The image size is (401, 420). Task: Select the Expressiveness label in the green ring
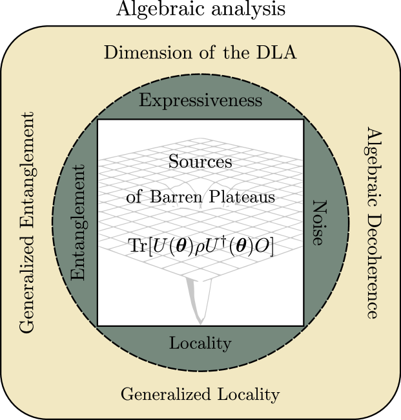[x=200, y=101]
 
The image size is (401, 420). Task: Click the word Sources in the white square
[x=200, y=162]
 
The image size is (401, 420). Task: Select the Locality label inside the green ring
[x=200, y=343]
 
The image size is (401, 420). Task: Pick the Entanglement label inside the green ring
[x=78, y=223]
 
